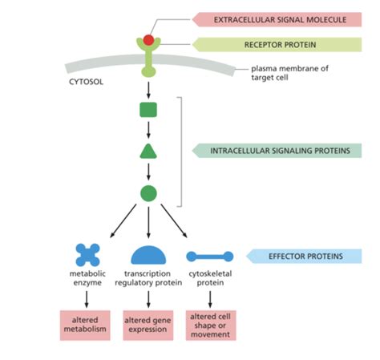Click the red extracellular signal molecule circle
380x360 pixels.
[x=148, y=39]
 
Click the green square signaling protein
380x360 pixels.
[x=148, y=109]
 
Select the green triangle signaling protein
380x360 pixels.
[x=148, y=151]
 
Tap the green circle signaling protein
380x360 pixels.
[x=148, y=193]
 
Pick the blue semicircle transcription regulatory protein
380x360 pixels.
[x=148, y=255]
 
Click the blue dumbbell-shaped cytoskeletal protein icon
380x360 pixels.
[x=210, y=257]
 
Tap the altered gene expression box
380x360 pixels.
[x=148, y=325]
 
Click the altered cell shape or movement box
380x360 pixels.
[x=210, y=325]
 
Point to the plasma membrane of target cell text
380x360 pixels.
[x=289, y=74]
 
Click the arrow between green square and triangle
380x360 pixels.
[x=148, y=129]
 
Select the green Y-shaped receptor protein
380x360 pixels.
[x=148, y=58]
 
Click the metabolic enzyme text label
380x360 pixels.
[x=87, y=278]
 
